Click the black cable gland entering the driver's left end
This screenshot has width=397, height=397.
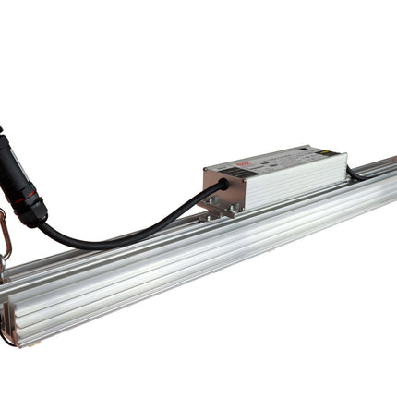[222, 186]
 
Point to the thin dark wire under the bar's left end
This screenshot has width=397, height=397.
[7, 339]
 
